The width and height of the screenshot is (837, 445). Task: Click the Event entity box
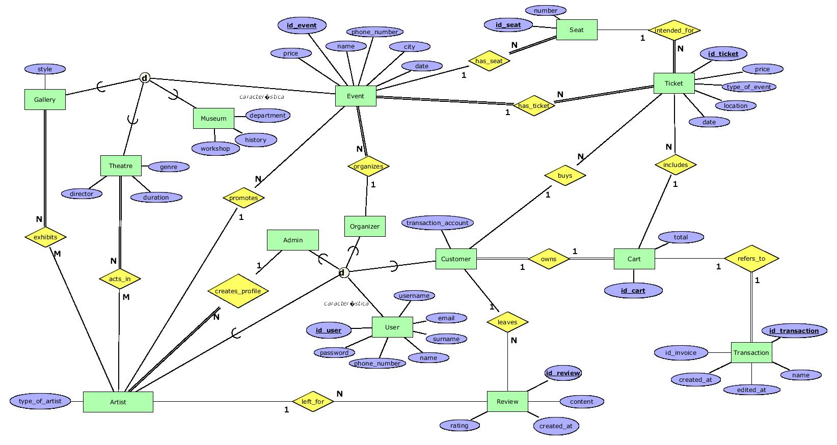click(356, 96)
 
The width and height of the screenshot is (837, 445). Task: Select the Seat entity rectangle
click(576, 30)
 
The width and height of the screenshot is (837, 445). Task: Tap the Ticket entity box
click(673, 83)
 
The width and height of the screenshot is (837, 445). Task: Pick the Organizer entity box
click(365, 226)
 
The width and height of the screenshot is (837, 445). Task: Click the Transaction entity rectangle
click(751, 352)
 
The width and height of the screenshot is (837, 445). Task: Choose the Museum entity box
click(213, 118)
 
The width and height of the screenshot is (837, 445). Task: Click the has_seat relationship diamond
click(489, 61)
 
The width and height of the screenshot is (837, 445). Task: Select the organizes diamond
click(368, 166)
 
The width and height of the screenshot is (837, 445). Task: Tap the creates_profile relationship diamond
click(238, 291)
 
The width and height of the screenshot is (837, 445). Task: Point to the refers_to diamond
click(751, 258)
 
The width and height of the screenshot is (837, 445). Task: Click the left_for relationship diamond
click(313, 401)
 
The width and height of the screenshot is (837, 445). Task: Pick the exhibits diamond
click(45, 237)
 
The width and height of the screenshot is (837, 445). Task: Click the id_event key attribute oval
click(302, 25)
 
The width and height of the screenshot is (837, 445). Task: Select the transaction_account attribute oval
click(438, 222)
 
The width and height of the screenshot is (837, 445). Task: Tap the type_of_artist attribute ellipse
click(40, 401)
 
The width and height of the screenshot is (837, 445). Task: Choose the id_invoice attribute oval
click(681, 352)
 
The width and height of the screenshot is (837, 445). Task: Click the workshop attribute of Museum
click(215, 149)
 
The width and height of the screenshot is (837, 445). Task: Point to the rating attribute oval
click(459, 425)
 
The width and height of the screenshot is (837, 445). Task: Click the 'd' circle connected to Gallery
click(145, 78)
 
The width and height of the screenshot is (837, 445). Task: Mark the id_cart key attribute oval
click(633, 291)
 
